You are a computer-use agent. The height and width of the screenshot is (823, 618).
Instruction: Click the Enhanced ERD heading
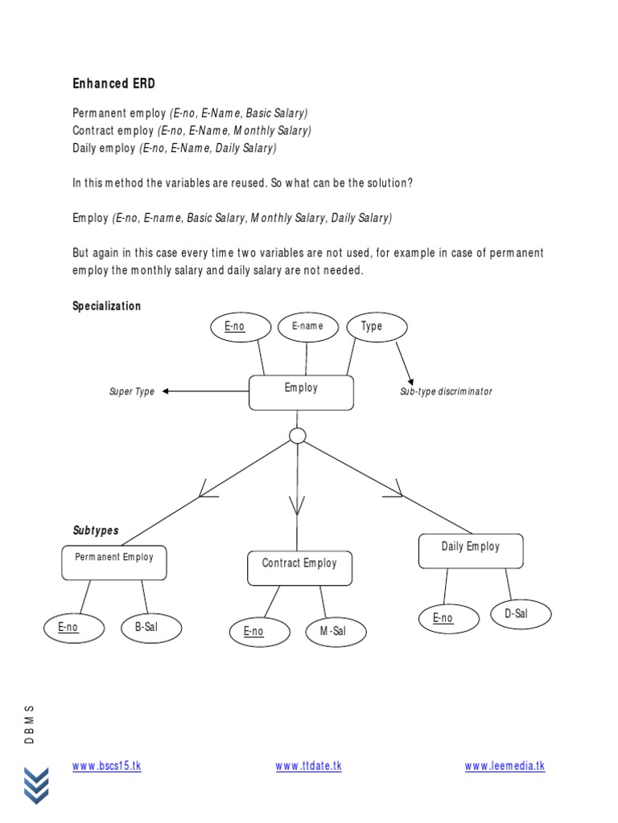click(x=113, y=84)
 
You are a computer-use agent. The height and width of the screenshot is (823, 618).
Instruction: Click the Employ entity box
click(x=301, y=392)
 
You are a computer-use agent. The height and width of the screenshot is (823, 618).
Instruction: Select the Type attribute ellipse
click(x=376, y=326)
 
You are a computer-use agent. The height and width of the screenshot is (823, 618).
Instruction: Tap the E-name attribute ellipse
click(x=307, y=326)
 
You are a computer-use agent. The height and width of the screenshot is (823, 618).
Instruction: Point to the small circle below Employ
click(x=298, y=436)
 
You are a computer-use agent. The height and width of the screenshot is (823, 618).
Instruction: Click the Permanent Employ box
click(x=114, y=562)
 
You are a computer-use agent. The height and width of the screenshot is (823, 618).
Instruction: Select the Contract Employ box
click(x=299, y=567)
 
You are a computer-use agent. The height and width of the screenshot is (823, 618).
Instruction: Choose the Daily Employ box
click(x=471, y=551)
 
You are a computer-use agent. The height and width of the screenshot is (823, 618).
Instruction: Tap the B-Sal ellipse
click(x=151, y=628)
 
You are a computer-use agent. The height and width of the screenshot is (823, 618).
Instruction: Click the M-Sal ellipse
click(x=336, y=632)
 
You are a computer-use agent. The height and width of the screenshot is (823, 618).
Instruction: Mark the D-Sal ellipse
click(x=521, y=614)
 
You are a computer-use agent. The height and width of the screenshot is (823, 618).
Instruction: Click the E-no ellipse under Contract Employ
click(x=260, y=632)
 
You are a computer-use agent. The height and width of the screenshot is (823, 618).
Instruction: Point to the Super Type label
click(x=132, y=392)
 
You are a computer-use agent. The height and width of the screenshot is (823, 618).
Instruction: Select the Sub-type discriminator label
click(x=446, y=392)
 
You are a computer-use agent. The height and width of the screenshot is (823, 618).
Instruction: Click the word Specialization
click(x=106, y=306)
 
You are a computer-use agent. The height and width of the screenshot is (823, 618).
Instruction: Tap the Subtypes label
click(x=96, y=531)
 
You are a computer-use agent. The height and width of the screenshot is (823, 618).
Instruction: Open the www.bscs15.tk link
click(x=106, y=766)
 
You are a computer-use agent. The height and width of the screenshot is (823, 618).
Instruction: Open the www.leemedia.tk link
click(x=505, y=766)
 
